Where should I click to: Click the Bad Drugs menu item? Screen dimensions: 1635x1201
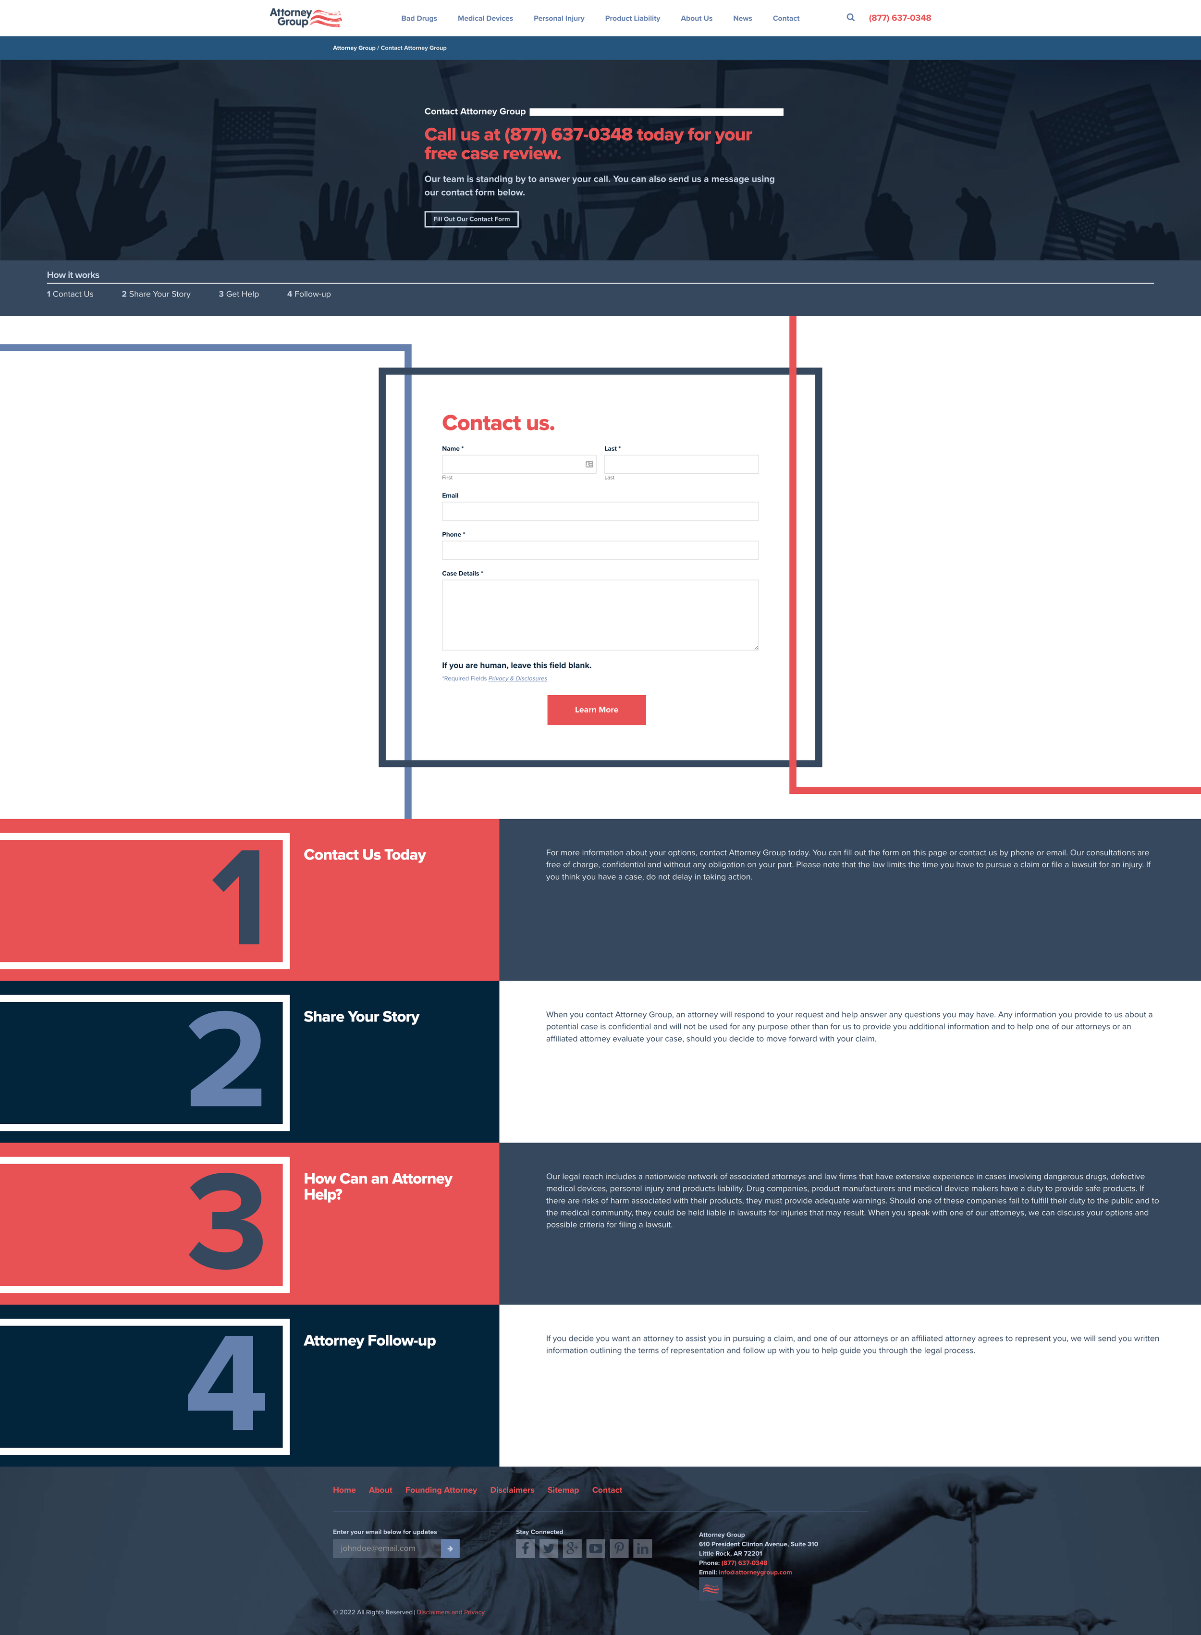(419, 18)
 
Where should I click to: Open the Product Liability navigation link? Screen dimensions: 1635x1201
(632, 18)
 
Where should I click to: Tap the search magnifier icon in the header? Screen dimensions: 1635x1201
(850, 17)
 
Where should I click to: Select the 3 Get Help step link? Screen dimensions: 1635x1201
(238, 294)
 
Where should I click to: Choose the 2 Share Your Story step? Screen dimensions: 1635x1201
(156, 294)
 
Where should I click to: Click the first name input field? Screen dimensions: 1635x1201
(513, 464)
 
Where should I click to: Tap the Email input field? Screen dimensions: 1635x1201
(600, 511)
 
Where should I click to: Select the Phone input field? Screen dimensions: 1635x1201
(600, 550)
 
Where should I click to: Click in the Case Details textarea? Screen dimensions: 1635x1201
(600, 615)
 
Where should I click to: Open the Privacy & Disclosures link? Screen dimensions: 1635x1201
(517, 678)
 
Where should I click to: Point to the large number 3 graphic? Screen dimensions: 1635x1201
(226, 1221)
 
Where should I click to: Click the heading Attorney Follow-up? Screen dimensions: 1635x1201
(369, 1340)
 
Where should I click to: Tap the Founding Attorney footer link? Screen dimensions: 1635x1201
(441, 1489)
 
